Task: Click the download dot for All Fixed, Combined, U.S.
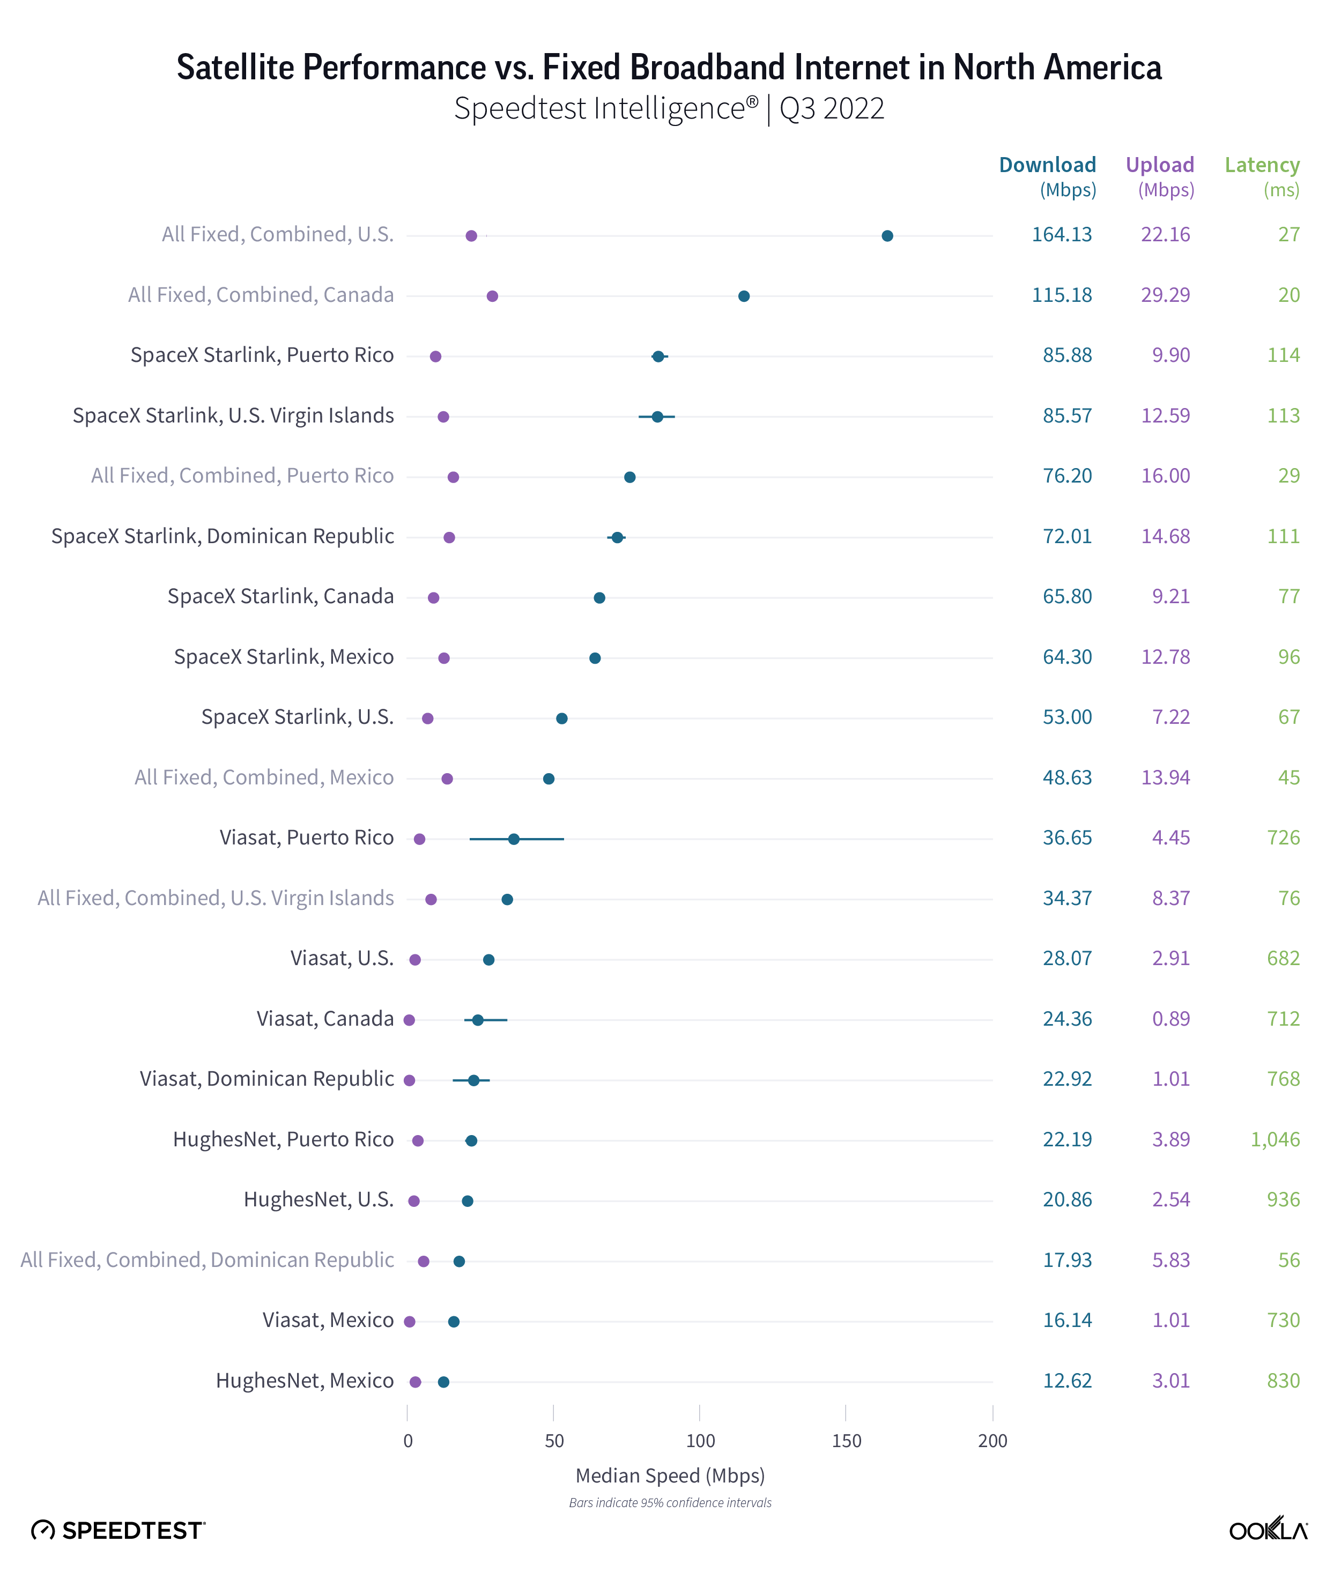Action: pos(887,236)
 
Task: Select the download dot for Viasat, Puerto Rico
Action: pos(514,839)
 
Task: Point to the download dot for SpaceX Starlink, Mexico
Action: pos(595,657)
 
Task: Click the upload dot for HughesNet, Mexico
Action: pos(415,1381)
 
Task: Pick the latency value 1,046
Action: pos(1275,1139)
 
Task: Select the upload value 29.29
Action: pos(1165,295)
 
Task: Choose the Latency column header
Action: pos(1262,165)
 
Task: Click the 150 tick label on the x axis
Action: pos(846,1440)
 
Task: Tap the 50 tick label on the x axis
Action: pos(554,1440)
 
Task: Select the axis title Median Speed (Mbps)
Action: pos(670,1475)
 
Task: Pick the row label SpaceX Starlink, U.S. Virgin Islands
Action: pos(233,415)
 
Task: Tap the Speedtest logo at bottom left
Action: pos(118,1530)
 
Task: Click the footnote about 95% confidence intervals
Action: pos(670,1502)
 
